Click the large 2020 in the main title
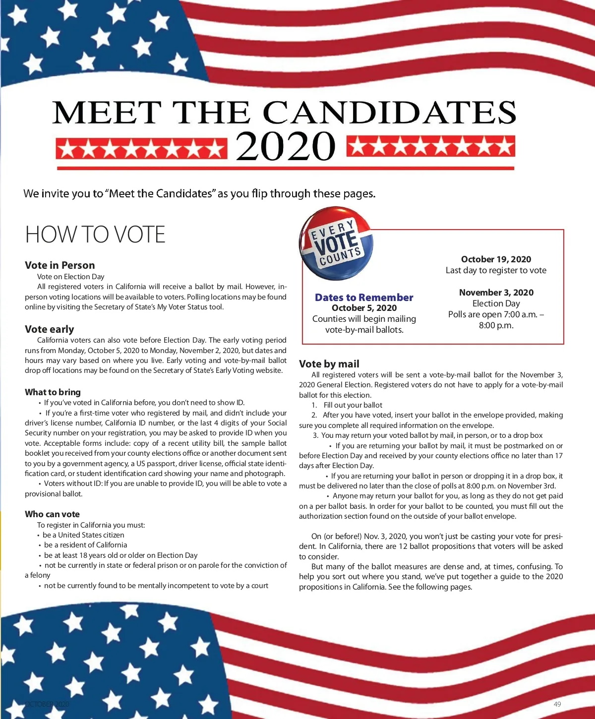(x=285, y=146)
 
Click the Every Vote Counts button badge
(x=336, y=243)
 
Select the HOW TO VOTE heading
(x=95, y=235)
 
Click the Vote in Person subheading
(x=59, y=265)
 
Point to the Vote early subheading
(x=49, y=329)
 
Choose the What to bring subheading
(x=53, y=392)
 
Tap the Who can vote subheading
(x=52, y=514)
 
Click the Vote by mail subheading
(x=329, y=364)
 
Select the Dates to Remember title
(x=364, y=298)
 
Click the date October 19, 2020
(x=496, y=259)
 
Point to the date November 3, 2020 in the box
(x=496, y=293)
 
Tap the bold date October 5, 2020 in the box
(x=364, y=308)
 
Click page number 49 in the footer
(x=557, y=704)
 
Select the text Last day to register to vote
(x=496, y=270)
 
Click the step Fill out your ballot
(x=353, y=405)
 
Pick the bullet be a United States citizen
(x=83, y=535)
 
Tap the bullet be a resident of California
(x=85, y=545)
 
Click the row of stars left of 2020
(x=141, y=149)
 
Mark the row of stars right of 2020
(x=430, y=147)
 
